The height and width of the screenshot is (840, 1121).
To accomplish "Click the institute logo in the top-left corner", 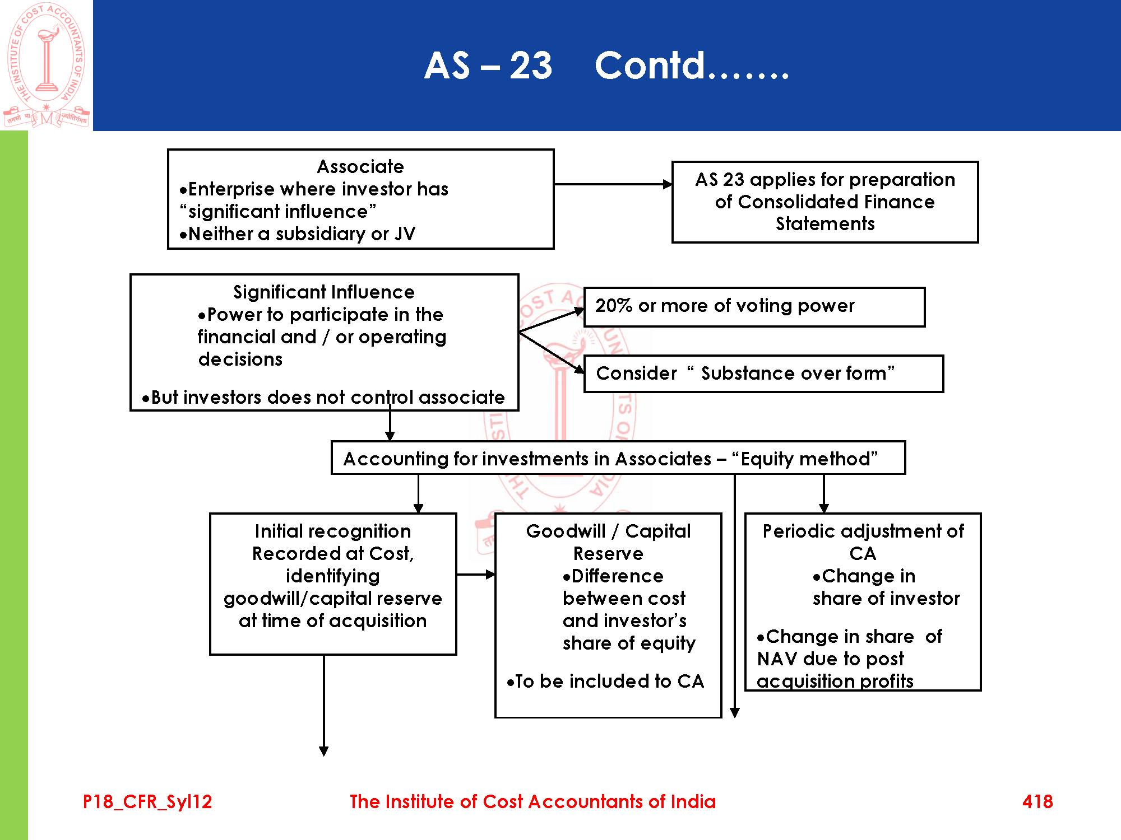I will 46,64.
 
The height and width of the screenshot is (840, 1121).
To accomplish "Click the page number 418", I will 1037,801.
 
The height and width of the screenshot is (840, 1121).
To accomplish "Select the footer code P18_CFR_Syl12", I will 147,801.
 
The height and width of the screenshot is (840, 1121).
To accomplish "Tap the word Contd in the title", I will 649,66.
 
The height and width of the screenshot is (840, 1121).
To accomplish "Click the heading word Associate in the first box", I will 360,166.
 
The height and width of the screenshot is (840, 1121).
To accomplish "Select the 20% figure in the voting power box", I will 614,306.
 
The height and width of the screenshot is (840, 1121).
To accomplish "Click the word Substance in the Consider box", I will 740,373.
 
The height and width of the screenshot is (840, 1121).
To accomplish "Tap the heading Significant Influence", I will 324,292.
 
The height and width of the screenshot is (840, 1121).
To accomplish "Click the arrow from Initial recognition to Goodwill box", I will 476,574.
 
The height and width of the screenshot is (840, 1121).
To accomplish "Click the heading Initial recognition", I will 333,531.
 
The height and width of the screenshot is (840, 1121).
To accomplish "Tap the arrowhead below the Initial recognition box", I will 324,751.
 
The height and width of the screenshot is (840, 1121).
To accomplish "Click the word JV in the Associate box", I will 404,234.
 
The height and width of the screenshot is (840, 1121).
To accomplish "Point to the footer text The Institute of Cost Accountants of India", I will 532,801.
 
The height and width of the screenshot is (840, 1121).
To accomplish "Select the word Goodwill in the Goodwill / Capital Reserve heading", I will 566,531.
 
